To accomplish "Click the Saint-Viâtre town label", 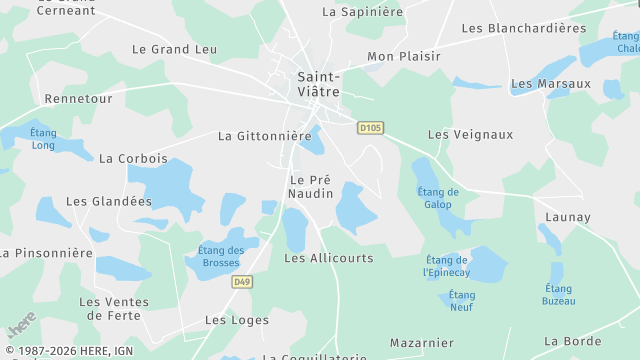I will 319,83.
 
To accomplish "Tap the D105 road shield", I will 370,127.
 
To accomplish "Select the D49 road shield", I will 241,282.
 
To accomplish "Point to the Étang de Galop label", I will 438,198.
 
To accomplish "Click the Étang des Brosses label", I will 221,257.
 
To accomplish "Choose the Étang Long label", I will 43,139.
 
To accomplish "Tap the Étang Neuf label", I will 461,301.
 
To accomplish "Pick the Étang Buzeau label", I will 558,294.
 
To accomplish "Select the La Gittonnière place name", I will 265,136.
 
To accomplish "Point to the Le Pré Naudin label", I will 311,186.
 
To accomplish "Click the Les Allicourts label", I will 328,258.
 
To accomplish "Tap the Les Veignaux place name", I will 470,134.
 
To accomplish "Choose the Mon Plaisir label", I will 404,57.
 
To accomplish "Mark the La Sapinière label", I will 362,12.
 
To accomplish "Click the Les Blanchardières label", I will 524,28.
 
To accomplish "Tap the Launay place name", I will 568,217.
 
